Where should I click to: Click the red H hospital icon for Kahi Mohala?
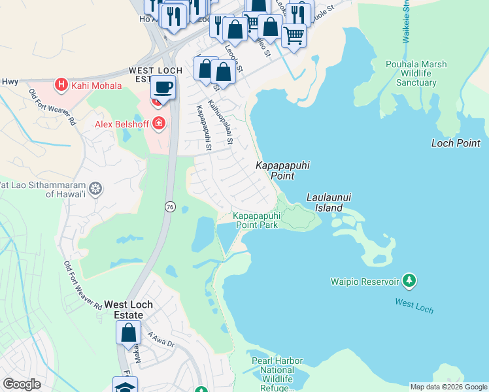61,84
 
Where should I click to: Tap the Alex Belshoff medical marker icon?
158,123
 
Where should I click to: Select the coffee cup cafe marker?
163,87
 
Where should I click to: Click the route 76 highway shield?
170,206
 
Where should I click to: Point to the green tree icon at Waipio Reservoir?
409,281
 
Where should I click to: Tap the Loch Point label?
456,143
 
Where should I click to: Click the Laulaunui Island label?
325,203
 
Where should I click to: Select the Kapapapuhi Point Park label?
257,220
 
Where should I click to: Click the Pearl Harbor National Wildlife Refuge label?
277,374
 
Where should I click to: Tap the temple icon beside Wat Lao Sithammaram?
96,189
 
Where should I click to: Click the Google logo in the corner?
22,384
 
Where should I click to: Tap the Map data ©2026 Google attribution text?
448,387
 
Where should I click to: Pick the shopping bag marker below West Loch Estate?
129,332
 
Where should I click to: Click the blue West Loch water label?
414,305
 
